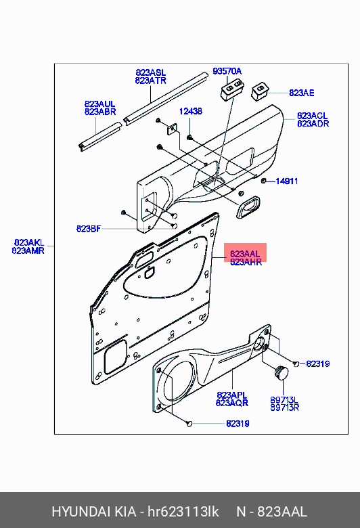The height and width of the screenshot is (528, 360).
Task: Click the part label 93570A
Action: click(x=227, y=71)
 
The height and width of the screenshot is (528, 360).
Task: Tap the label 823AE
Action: click(x=301, y=93)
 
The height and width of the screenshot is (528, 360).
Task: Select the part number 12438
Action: click(x=191, y=111)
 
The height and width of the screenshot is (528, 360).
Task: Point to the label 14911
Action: click(x=287, y=181)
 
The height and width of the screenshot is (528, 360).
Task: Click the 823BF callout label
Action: click(x=88, y=229)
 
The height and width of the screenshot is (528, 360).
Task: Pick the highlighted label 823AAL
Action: click(x=245, y=254)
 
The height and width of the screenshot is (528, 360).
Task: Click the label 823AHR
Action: click(x=246, y=263)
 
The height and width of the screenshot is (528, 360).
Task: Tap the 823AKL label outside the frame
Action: click(x=29, y=242)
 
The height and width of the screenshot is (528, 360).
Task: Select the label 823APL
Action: click(x=231, y=395)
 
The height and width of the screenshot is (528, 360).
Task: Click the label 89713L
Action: click(x=284, y=400)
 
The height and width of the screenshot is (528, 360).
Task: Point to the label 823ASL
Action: click(x=150, y=72)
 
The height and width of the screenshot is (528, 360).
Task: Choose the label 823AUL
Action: click(x=99, y=104)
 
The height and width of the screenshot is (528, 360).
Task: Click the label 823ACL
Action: click(x=312, y=116)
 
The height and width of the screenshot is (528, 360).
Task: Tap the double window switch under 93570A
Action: click(x=232, y=89)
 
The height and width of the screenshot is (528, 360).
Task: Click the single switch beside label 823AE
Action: click(x=261, y=91)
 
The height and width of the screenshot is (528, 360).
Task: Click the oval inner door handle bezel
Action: click(x=248, y=206)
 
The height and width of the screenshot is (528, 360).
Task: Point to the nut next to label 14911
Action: click(x=263, y=181)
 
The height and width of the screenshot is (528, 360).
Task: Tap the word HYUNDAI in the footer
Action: click(x=81, y=512)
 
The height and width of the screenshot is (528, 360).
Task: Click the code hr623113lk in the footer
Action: click(x=183, y=512)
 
